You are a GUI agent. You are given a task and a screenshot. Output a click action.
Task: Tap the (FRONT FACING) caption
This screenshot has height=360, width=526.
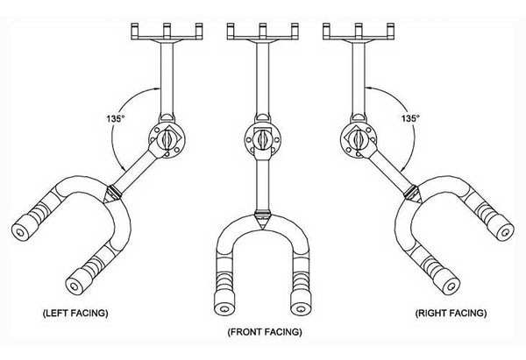click(x=262, y=332)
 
